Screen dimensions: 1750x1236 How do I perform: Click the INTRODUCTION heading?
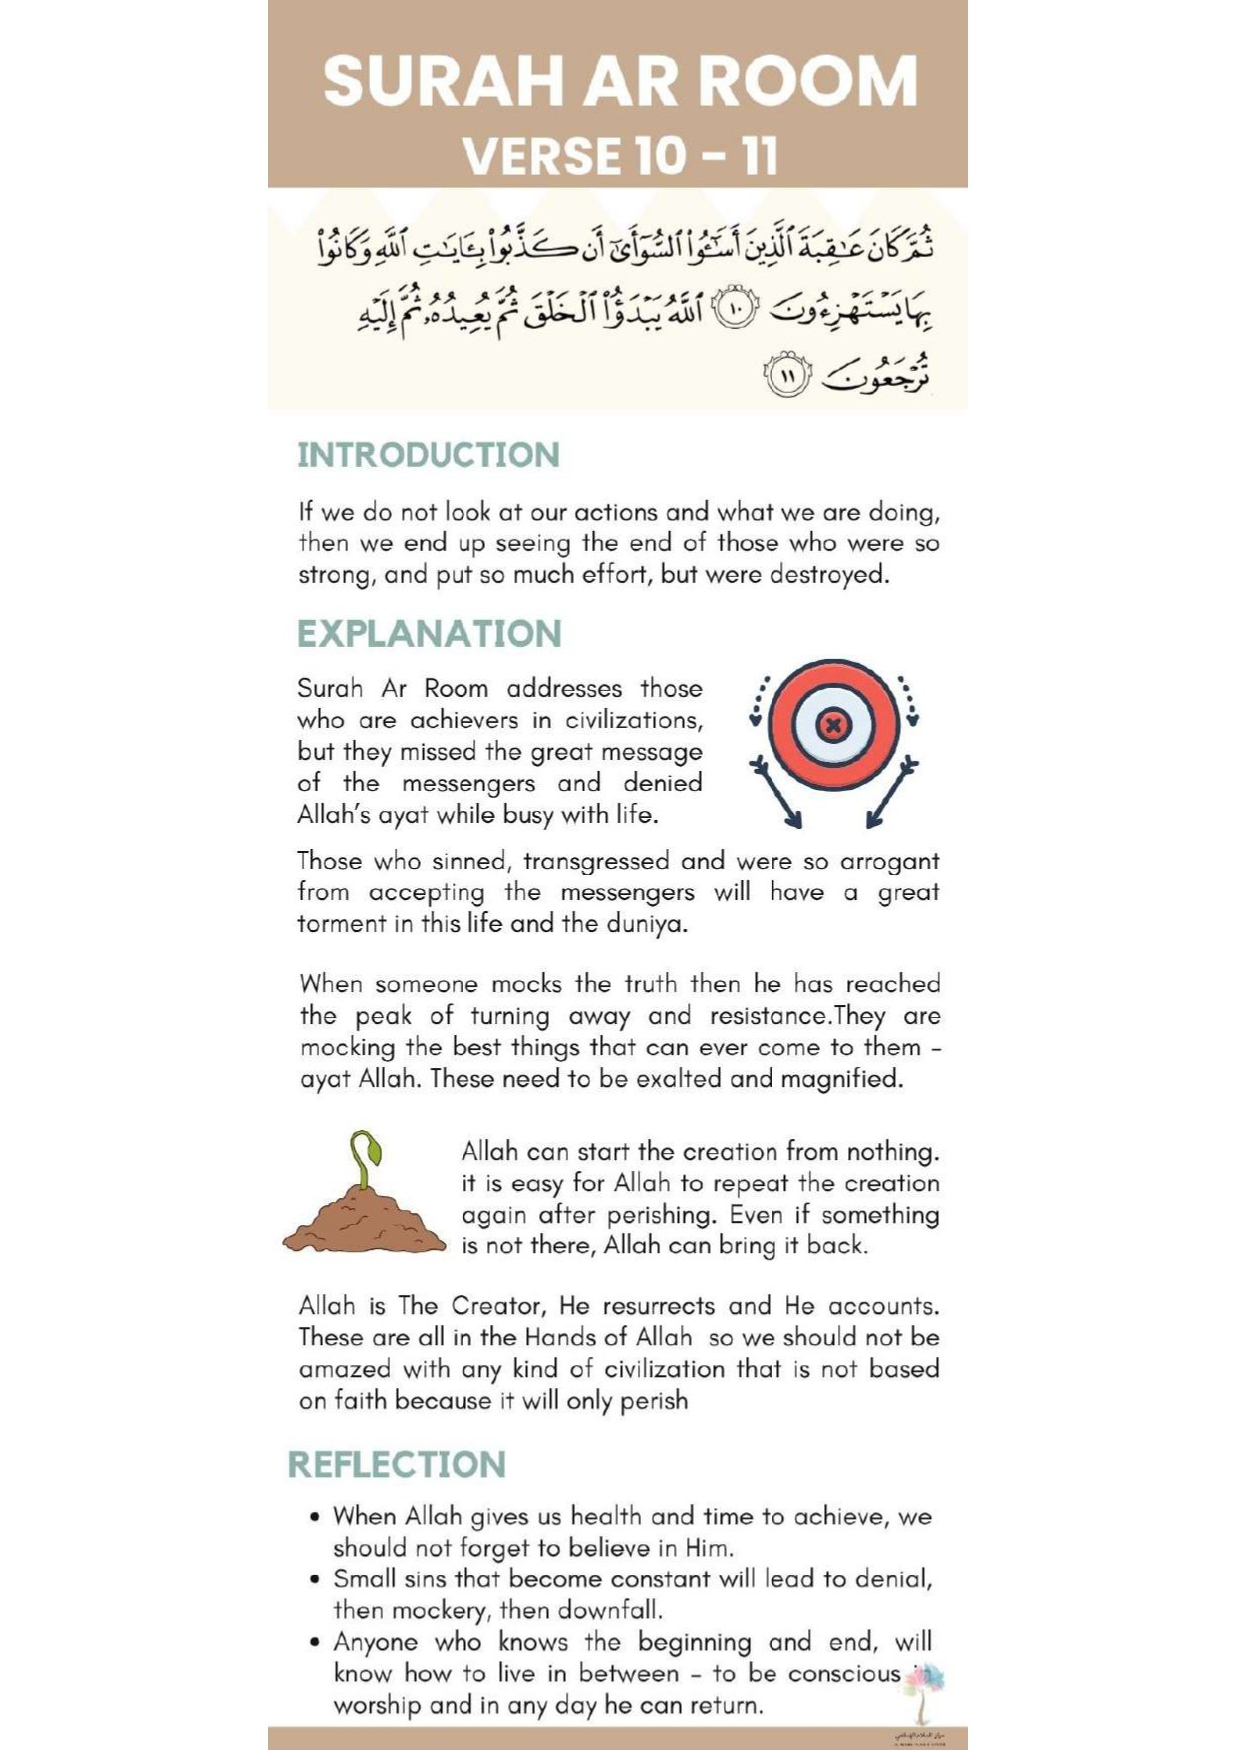[x=429, y=455]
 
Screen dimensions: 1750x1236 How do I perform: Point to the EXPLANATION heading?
[x=430, y=634]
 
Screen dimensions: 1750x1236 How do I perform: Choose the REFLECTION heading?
[x=397, y=1464]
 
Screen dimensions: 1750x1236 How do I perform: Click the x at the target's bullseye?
[x=833, y=724]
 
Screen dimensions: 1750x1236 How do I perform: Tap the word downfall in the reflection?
[x=609, y=1610]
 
